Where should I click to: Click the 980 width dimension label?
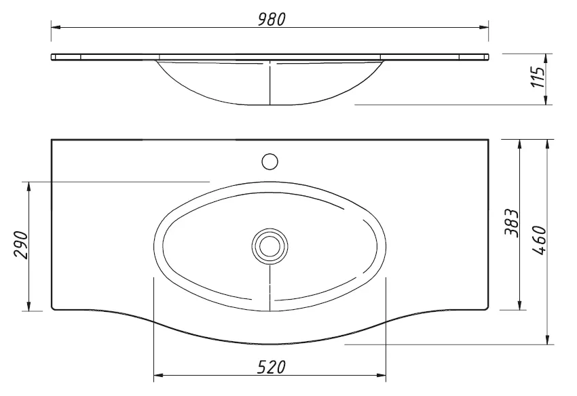[272, 20]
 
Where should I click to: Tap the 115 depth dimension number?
[538, 77]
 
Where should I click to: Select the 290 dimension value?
[21, 245]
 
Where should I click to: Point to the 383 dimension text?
[512, 223]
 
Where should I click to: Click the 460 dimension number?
[539, 241]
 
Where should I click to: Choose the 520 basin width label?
[272, 367]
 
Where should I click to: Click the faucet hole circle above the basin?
[269, 161]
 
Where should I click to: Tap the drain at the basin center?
[269, 246]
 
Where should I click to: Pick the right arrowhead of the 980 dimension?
[484, 27]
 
